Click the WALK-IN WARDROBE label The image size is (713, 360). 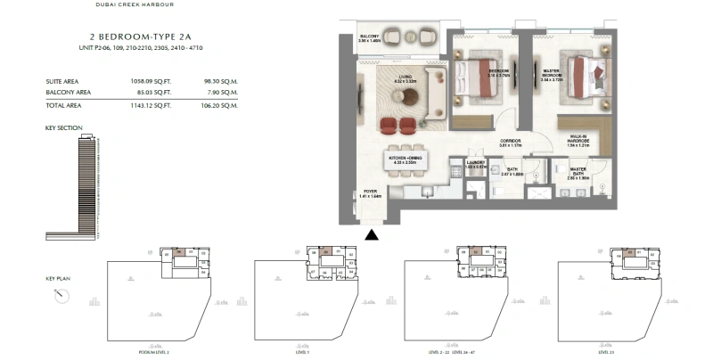pos(581,139)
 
